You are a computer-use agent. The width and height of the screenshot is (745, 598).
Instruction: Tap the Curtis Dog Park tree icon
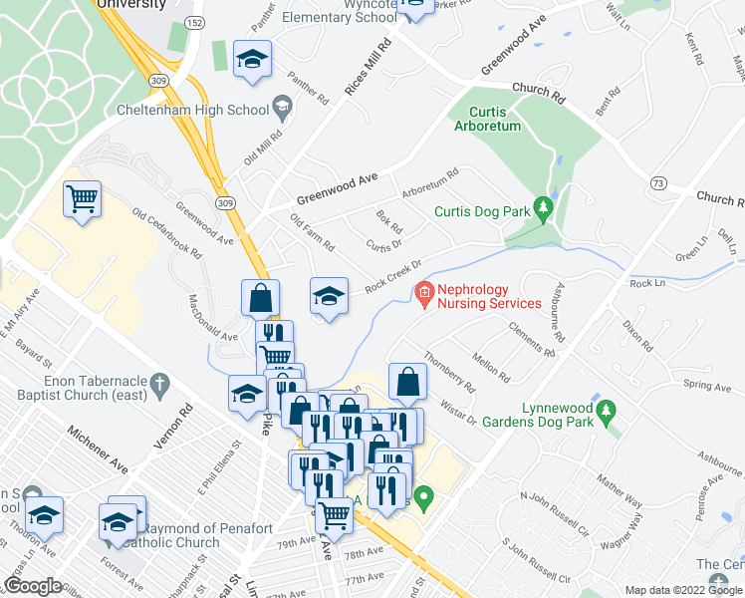click(543, 209)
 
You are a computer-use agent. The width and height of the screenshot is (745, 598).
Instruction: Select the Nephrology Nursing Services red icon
click(424, 293)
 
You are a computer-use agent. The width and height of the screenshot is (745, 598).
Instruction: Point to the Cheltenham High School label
click(192, 110)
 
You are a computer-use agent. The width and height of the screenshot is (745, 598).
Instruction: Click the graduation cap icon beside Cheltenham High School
click(282, 108)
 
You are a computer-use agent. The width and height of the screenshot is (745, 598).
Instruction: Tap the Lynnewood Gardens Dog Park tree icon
click(605, 411)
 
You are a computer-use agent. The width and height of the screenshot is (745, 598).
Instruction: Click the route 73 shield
click(656, 184)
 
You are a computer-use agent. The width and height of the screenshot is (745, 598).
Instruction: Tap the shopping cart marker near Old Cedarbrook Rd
click(83, 197)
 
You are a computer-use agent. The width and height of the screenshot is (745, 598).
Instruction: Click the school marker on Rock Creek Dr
click(329, 295)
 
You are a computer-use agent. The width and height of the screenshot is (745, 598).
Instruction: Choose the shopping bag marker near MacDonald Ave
click(260, 297)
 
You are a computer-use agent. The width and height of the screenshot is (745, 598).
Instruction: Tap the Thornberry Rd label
click(450, 372)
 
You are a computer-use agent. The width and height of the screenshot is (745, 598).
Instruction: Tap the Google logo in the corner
click(33, 586)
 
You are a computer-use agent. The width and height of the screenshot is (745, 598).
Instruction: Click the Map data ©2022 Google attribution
click(683, 590)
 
